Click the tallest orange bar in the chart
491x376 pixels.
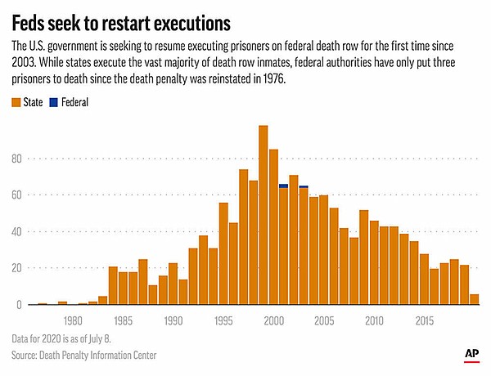click(263, 217)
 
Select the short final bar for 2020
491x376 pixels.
click(474, 299)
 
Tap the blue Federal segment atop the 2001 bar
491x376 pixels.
click(283, 186)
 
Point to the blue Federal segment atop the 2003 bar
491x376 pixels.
click(304, 186)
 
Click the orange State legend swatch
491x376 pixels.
click(16, 103)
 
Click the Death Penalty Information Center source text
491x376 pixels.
click(101, 355)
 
